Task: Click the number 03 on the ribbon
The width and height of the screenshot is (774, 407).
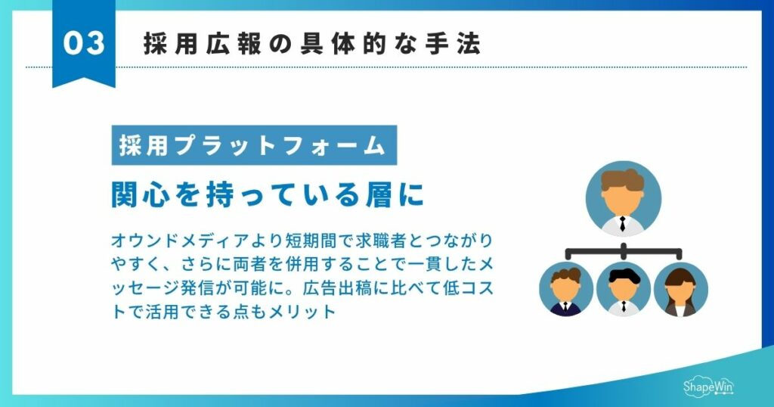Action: click(x=84, y=43)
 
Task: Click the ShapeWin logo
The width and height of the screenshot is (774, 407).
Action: click(x=708, y=386)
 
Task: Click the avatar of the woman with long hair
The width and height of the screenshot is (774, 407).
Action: click(x=680, y=290)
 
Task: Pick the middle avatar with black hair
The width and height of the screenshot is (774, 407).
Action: click(x=623, y=290)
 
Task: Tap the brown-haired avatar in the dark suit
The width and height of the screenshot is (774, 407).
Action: click(x=565, y=290)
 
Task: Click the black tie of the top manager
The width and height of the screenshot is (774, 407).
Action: click(x=623, y=224)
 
